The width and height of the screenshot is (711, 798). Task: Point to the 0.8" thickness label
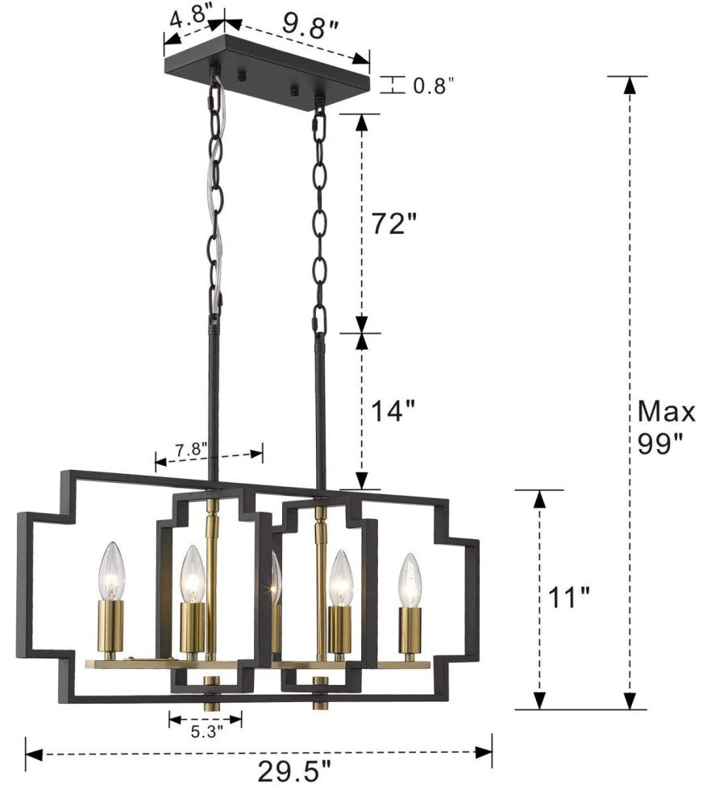433,86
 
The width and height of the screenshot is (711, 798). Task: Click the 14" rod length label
393,411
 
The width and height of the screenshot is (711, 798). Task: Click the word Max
666,412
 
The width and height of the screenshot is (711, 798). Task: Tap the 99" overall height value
659,444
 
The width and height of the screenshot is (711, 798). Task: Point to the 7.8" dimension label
192,450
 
